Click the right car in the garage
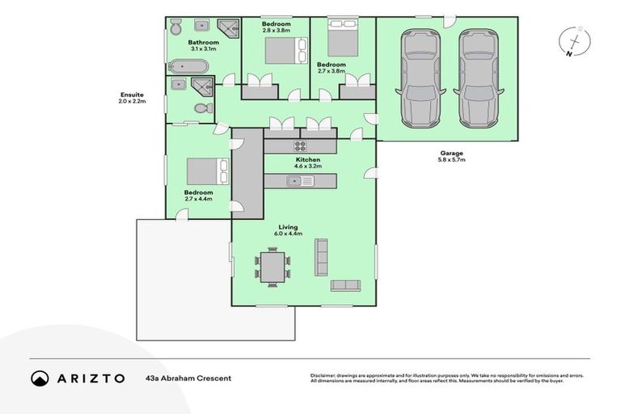pos(476,78)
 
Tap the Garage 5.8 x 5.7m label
pos(452,156)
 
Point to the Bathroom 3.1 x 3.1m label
pos(204,45)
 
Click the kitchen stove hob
pos(300,146)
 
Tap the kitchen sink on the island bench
pos(300,181)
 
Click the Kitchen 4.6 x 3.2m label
pos(308,164)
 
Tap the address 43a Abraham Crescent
pos(188,378)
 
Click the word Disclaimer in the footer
pos(325,375)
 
